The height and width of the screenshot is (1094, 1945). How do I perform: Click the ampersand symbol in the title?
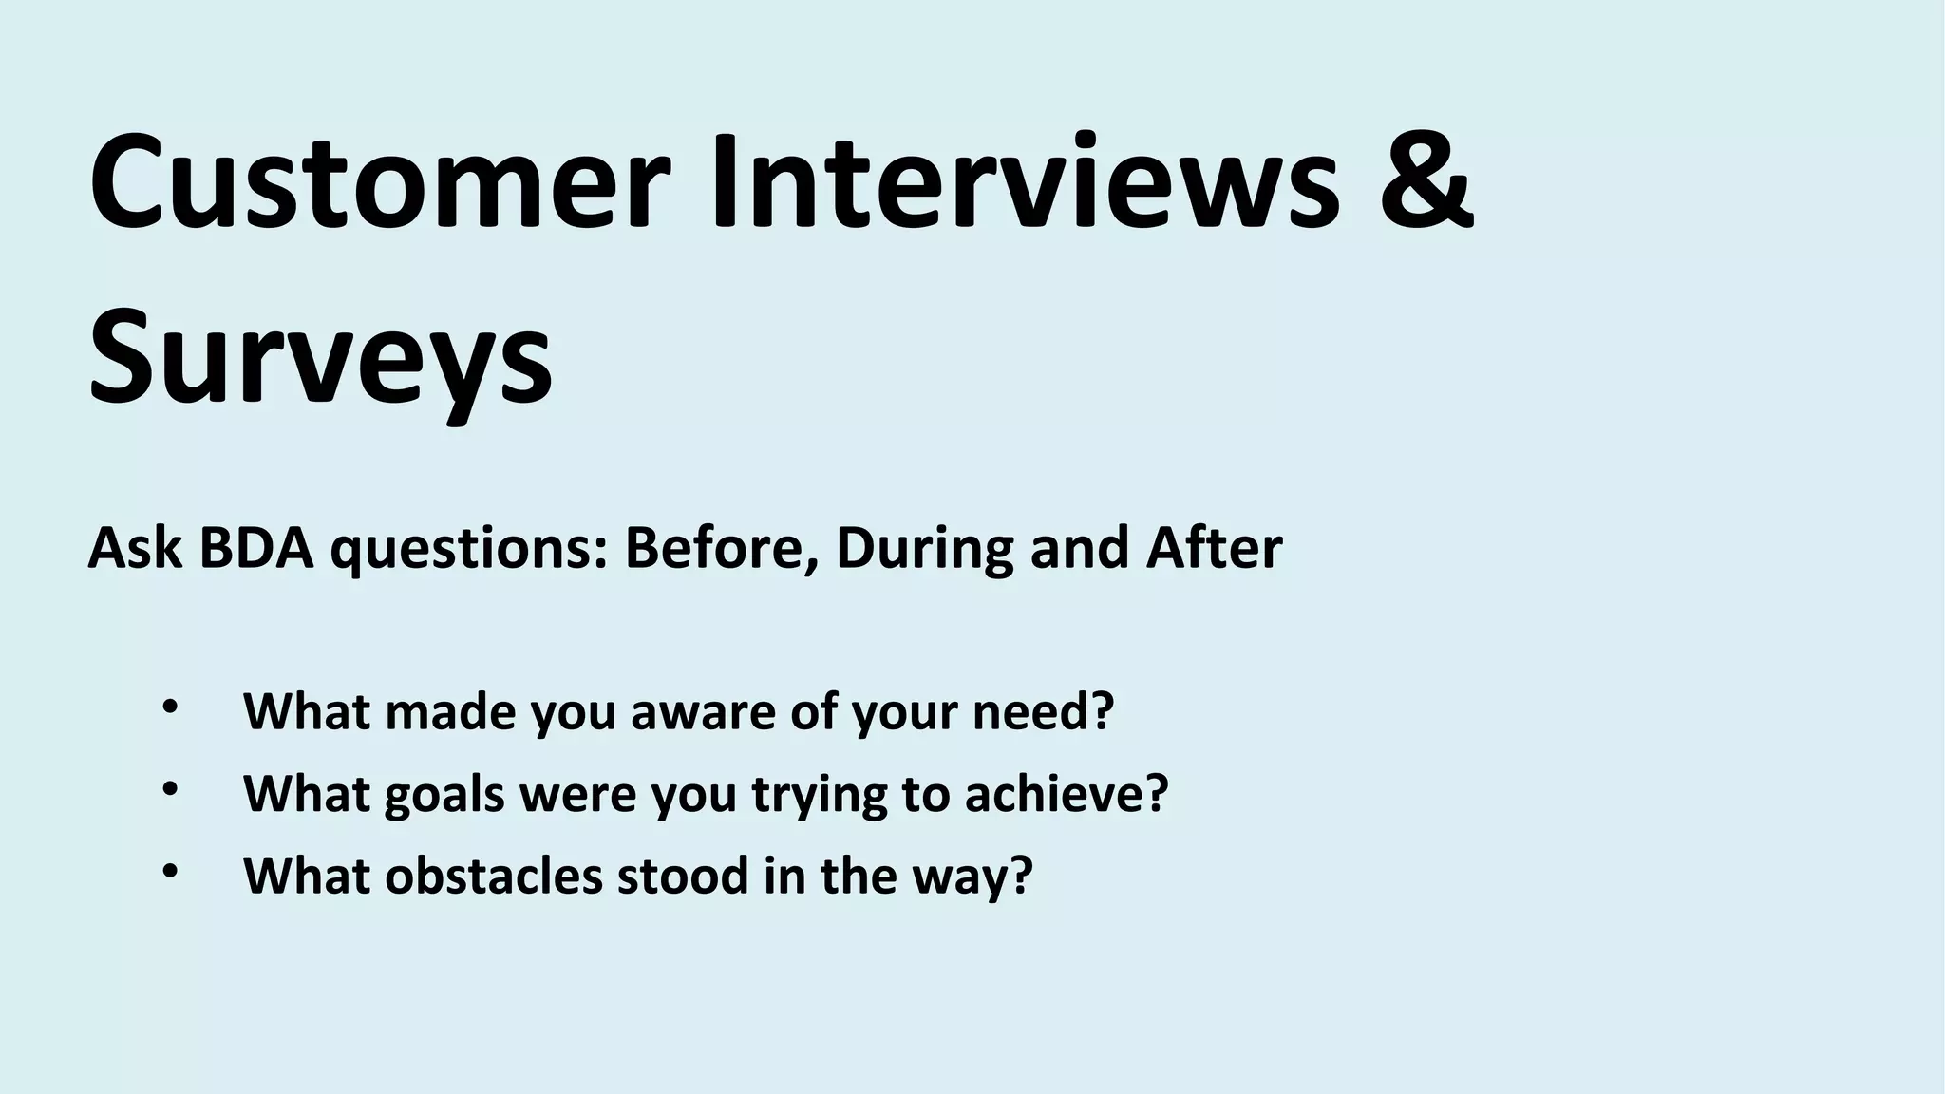pyautogui.click(x=1425, y=180)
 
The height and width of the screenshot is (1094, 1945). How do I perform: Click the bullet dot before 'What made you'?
pyautogui.click(x=170, y=707)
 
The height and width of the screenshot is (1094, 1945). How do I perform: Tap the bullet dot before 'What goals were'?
pyautogui.click(x=170, y=789)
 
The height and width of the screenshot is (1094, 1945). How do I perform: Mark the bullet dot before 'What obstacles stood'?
pyautogui.click(x=170, y=871)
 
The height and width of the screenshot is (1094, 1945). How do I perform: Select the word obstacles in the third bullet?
pyautogui.click(x=494, y=876)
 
